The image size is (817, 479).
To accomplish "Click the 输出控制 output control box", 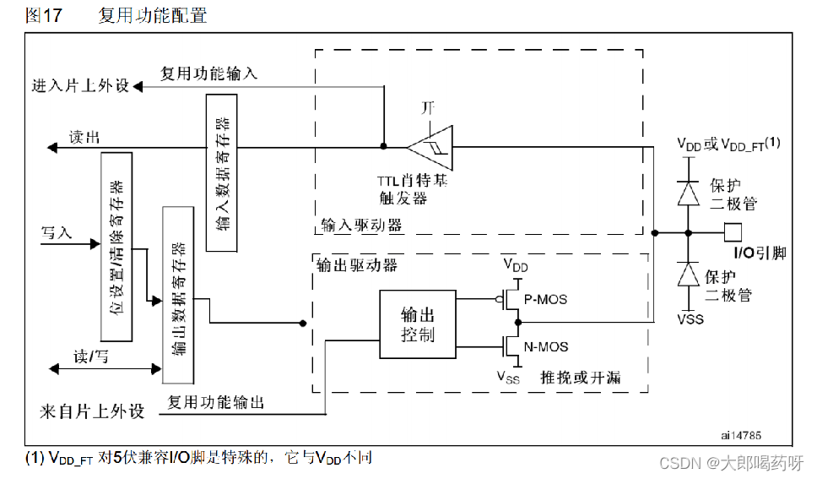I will [417, 324].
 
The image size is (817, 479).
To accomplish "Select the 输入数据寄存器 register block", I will [222, 172].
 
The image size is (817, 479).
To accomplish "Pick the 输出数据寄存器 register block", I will [177, 294].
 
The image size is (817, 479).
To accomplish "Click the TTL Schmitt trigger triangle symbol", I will [430, 147].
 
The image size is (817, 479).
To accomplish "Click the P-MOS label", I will [547, 299].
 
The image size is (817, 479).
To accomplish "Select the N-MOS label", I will [547, 346].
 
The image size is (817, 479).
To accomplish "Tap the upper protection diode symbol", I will [689, 192].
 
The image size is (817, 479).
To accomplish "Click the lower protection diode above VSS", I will [689, 275].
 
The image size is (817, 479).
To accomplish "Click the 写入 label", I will [57, 232].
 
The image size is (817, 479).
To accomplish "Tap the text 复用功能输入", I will [209, 73].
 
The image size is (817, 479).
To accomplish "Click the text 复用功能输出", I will [216, 403].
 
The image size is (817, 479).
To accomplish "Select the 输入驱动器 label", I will [361, 226].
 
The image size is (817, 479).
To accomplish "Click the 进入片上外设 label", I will [81, 86].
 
